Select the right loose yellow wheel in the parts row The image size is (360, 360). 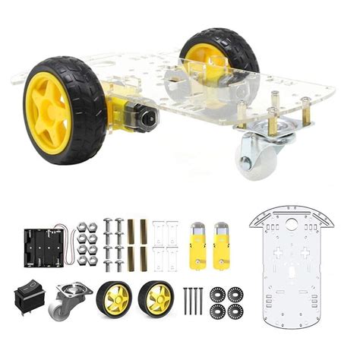pos(156,299)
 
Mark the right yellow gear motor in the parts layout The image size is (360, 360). pos(222,245)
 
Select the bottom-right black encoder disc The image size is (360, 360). pos(236,311)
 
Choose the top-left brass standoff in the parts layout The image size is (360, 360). pos(131,229)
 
